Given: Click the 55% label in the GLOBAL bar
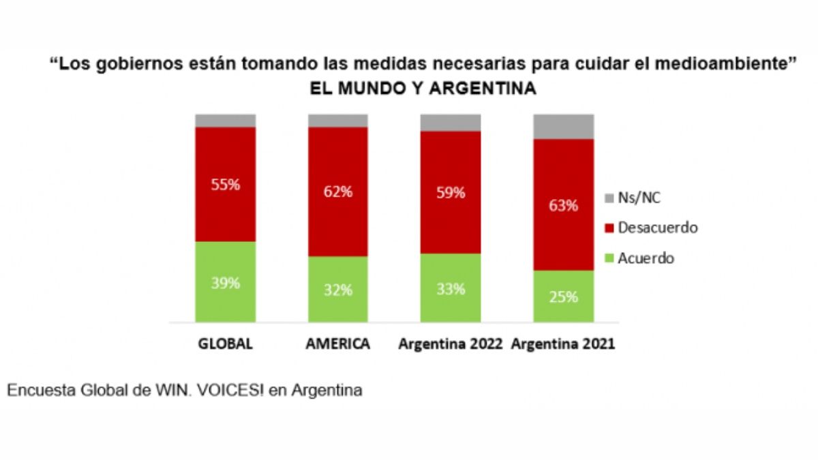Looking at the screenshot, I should pyautogui.click(x=225, y=184).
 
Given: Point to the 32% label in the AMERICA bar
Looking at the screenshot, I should pyautogui.click(x=337, y=290).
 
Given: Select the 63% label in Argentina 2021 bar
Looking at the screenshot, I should pyautogui.click(x=563, y=204).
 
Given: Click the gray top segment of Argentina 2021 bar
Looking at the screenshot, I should pyautogui.click(x=563, y=126).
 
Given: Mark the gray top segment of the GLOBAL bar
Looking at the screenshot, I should pyautogui.click(x=225, y=121).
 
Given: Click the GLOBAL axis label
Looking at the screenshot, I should pyautogui.click(x=225, y=344).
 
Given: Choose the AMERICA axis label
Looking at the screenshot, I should pyautogui.click(x=337, y=344).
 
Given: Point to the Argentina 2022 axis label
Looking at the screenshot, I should pyautogui.click(x=450, y=344).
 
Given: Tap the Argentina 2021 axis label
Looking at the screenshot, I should pyautogui.click(x=563, y=344).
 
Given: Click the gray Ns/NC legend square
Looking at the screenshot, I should pyautogui.click(x=609, y=198).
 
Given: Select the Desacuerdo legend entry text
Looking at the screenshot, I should pyautogui.click(x=657, y=228).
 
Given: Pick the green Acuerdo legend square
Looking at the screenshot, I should pyautogui.click(x=609, y=259).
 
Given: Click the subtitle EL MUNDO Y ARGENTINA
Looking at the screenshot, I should pyautogui.click(x=423, y=89).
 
